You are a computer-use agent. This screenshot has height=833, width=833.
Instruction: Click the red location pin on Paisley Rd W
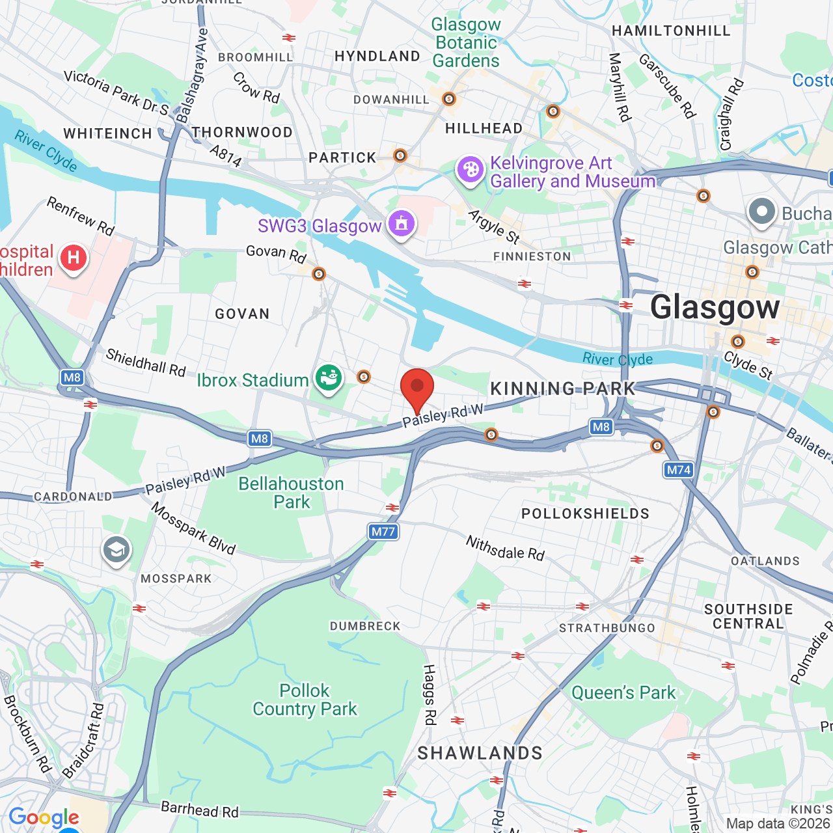[417, 389]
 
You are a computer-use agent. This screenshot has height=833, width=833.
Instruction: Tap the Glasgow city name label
[715, 307]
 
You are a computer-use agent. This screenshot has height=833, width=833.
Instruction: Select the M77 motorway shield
[383, 532]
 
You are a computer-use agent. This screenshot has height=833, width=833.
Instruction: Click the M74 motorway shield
[678, 470]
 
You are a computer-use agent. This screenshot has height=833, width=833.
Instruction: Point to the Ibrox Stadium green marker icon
[329, 377]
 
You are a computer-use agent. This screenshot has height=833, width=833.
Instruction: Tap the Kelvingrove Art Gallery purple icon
[470, 170]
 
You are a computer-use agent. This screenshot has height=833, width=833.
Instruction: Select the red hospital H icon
[74, 258]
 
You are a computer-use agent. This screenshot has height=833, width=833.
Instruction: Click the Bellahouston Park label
[291, 493]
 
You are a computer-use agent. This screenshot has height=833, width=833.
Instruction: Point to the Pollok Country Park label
[305, 700]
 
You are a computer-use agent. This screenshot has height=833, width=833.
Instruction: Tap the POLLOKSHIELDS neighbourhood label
[585, 513]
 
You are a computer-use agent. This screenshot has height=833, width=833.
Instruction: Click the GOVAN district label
[242, 314]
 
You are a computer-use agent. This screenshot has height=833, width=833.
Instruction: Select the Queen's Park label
[623, 692]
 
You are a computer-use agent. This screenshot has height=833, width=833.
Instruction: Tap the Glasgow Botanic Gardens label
[466, 43]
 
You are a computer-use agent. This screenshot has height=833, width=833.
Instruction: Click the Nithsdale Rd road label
[505, 548]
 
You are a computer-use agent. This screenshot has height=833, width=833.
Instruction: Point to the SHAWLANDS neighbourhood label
[480, 753]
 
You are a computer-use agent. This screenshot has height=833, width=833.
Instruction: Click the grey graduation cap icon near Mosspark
[116, 551]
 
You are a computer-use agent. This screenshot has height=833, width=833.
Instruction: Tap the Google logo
[44, 817]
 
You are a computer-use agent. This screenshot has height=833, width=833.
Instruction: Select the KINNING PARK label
[562, 389]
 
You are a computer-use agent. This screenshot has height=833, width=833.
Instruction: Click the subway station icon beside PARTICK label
[400, 156]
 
